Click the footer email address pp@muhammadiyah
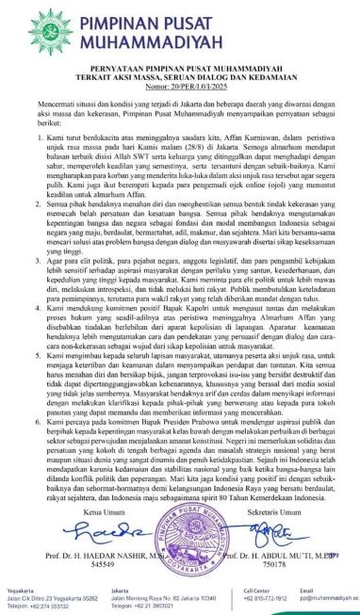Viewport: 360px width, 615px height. tap(330, 597)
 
